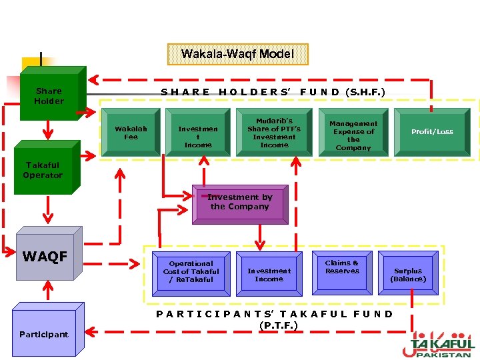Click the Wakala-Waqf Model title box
point(237,54)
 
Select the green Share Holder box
point(49,96)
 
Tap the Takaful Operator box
point(43,170)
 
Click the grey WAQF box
point(45,257)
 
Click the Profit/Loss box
point(432,132)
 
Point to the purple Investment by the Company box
point(239,202)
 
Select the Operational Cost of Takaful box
point(191,271)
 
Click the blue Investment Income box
point(269,274)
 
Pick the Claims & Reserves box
point(342,271)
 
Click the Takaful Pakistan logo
point(441,344)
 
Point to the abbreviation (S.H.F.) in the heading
point(365,91)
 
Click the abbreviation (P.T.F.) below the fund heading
point(278,325)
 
